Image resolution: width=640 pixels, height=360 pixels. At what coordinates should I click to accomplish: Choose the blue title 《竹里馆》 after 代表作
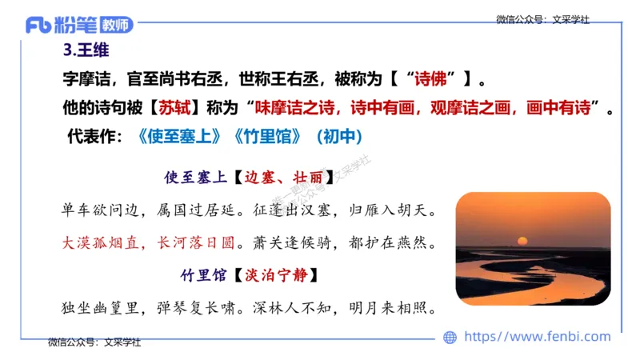click(x=265, y=137)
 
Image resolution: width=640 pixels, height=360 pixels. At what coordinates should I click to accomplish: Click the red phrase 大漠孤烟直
click(x=102, y=242)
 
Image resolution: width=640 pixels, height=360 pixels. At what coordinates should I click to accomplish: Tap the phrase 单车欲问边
click(x=102, y=211)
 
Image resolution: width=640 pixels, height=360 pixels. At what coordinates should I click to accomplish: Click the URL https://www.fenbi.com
click(x=537, y=337)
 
